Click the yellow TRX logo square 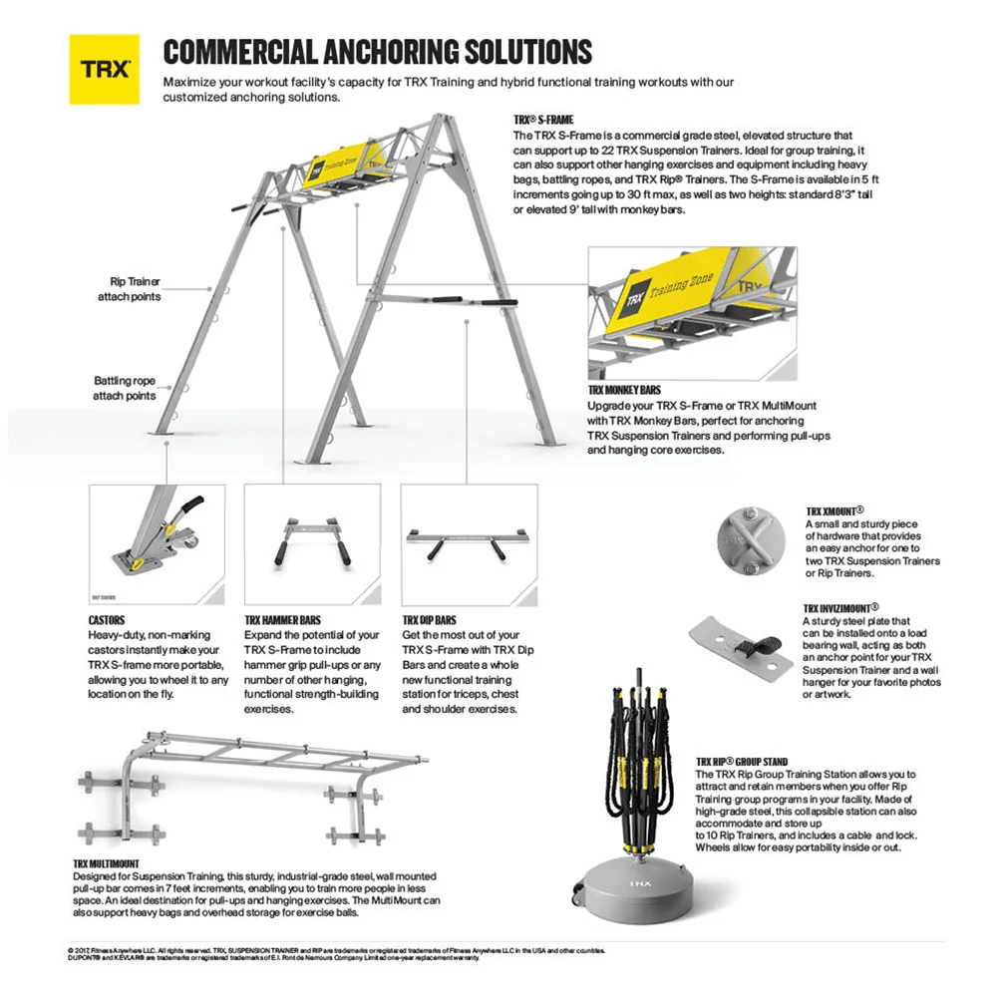pyautogui.click(x=104, y=70)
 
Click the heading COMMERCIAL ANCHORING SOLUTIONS pyautogui.click(x=377, y=52)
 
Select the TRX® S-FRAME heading pyautogui.click(x=543, y=120)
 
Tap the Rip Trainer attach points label pyautogui.click(x=129, y=289)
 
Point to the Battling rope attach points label pyautogui.click(x=125, y=388)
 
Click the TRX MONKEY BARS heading pyautogui.click(x=624, y=390)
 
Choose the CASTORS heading pyautogui.click(x=107, y=619)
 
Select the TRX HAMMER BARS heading pyautogui.click(x=283, y=619)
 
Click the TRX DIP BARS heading pyautogui.click(x=430, y=619)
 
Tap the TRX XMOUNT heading pyautogui.click(x=834, y=509)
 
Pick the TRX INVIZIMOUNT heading pyautogui.click(x=840, y=606)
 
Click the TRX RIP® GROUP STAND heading pyautogui.click(x=743, y=762)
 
